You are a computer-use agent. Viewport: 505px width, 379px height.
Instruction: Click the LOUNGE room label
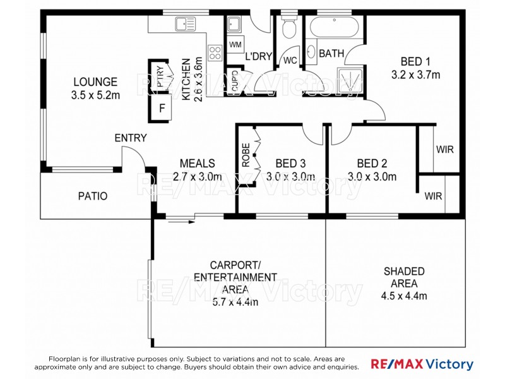[x=95, y=81]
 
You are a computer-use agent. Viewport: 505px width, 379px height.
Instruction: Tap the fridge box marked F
[x=162, y=108]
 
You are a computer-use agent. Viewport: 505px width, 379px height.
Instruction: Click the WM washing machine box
[x=235, y=45]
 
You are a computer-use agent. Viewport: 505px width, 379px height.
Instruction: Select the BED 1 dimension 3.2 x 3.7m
[x=415, y=75]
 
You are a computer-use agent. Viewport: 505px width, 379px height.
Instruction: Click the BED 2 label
[x=372, y=163]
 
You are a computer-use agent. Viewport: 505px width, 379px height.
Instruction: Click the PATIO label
[x=93, y=196]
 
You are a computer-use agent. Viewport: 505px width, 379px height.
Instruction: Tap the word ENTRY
[x=130, y=138]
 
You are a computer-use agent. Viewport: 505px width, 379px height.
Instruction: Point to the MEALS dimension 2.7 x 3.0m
[x=197, y=176]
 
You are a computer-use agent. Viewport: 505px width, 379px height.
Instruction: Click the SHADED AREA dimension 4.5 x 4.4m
[x=404, y=296]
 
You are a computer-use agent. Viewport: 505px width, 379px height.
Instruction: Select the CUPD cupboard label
[x=235, y=83]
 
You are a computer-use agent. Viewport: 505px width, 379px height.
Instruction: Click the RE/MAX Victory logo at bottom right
[x=422, y=364]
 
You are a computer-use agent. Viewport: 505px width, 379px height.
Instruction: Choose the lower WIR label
[x=433, y=196]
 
